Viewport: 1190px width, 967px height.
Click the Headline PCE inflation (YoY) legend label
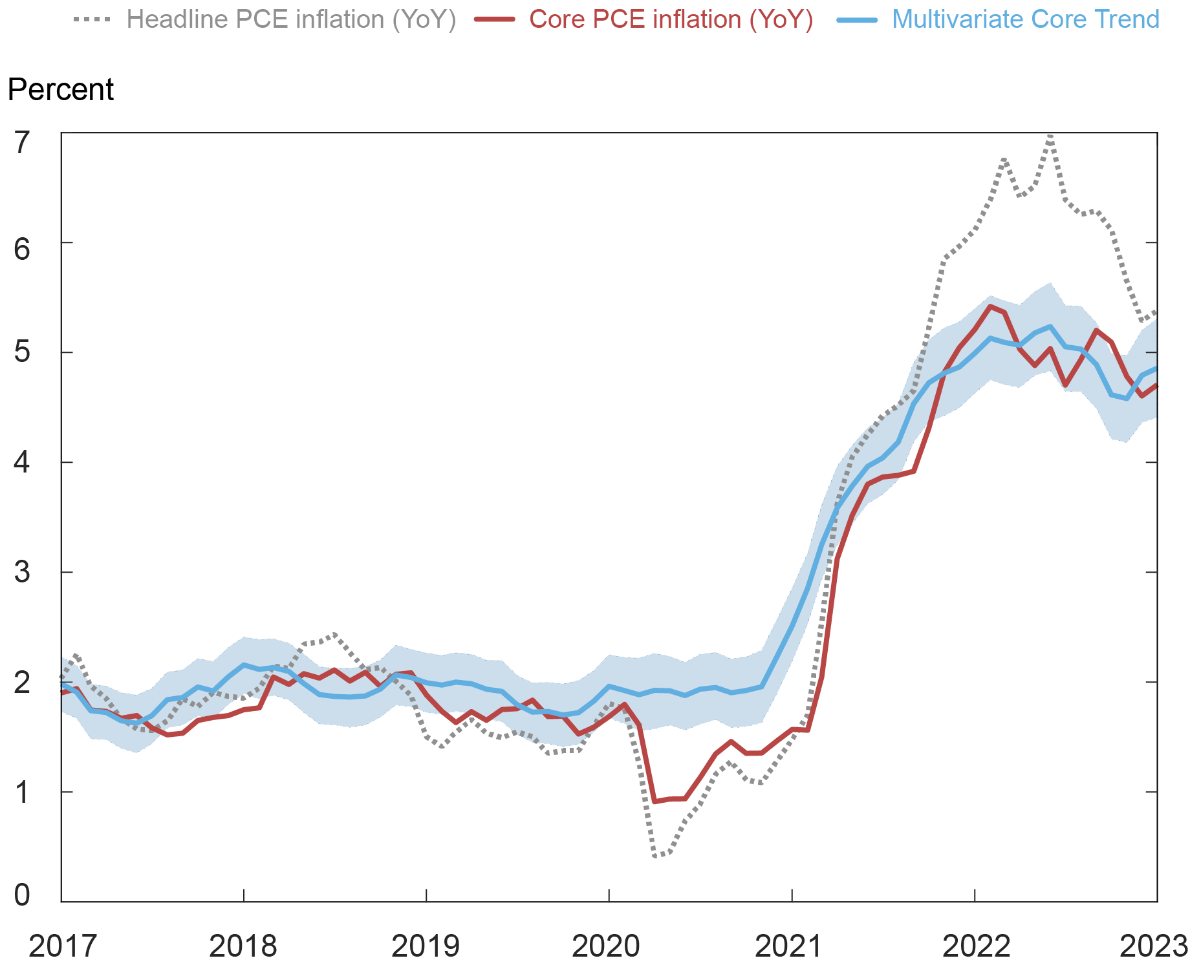[291, 19]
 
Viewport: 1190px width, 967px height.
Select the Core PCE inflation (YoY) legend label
[671, 19]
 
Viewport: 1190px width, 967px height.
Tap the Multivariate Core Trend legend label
[1025, 19]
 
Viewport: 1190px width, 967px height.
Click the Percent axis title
[60, 89]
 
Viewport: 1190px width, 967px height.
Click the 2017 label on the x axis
[63, 946]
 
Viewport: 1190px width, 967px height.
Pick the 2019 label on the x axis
[426, 946]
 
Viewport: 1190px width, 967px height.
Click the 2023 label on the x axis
[1154, 946]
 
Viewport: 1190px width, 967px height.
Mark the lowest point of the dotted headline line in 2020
[655, 856]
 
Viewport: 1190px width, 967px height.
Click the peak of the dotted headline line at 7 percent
[1050, 136]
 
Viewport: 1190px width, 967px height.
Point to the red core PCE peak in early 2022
[990, 306]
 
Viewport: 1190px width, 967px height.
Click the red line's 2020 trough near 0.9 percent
[654, 802]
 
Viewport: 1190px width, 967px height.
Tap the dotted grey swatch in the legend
[92, 19]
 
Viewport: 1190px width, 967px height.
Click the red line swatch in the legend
[495, 19]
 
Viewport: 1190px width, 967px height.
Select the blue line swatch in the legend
[858, 19]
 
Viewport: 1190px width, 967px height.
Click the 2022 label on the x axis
[976, 946]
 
